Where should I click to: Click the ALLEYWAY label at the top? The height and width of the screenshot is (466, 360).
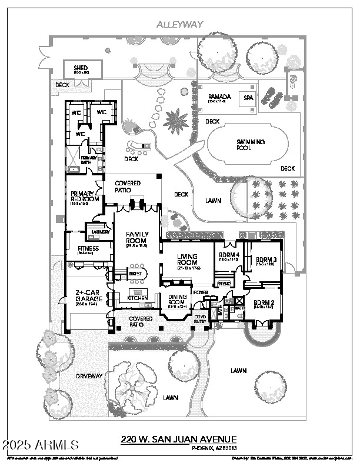pyautogui.click(x=180, y=24)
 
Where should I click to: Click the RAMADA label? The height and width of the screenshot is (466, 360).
pyautogui.click(x=218, y=96)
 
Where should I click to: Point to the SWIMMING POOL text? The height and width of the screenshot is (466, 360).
pyautogui.click(x=250, y=145)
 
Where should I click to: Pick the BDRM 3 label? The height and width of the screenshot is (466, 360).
pyautogui.click(x=266, y=259)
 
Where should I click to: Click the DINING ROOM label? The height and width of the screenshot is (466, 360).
pyautogui.click(x=178, y=299)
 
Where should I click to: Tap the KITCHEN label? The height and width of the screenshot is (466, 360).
pyautogui.click(x=138, y=298)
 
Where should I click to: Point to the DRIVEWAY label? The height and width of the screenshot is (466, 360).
pyautogui.click(x=89, y=375)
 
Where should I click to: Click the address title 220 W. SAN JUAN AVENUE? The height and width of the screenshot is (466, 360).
pyautogui.click(x=179, y=440)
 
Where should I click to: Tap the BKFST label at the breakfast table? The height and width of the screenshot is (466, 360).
pyautogui.click(x=135, y=274)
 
